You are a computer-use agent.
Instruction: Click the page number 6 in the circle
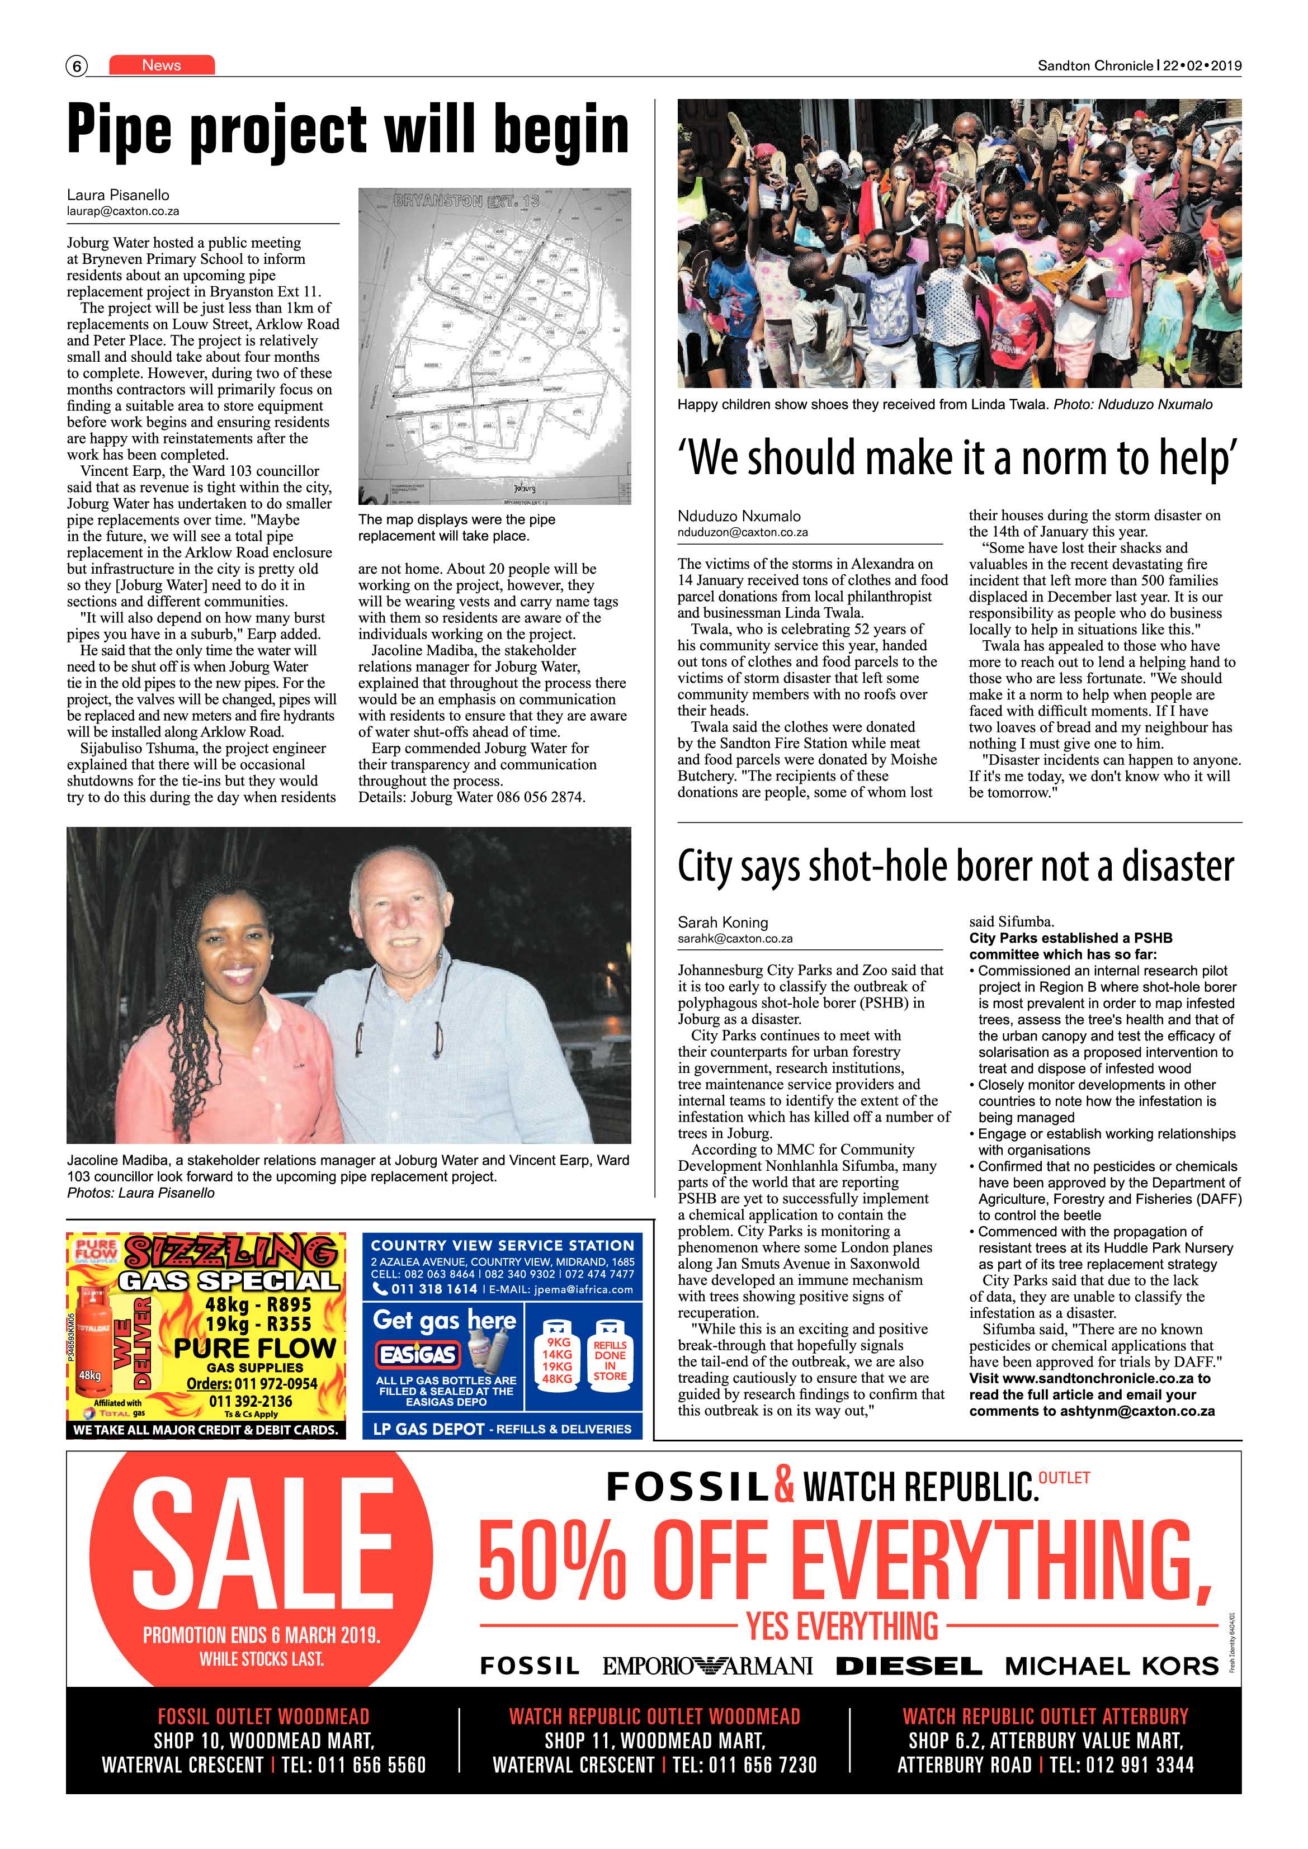pyautogui.click(x=77, y=66)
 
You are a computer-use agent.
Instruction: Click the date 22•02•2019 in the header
pyautogui.click(x=1202, y=66)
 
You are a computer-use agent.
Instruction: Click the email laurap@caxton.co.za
pyautogui.click(x=123, y=211)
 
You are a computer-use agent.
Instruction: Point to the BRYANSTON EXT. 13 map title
pyautogui.click(x=466, y=201)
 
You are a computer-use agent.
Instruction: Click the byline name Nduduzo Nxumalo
pyautogui.click(x=739, y=516)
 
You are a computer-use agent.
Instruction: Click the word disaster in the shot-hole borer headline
pyautogui.click(x=1177, y=867)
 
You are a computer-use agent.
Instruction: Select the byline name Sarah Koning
pyautogui.click(x=723, y=922)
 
